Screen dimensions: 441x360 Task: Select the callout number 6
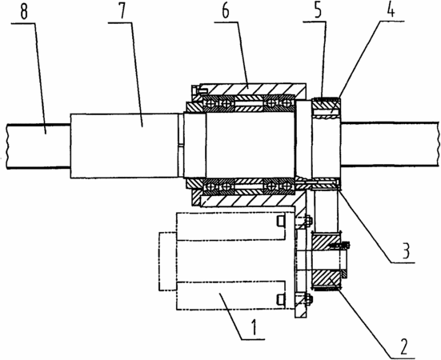[225, 10]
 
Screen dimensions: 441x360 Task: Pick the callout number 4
[391, 10]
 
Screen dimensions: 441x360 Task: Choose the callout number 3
[404, 251]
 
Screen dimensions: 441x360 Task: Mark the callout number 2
[403, 346]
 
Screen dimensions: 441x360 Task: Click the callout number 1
[254, 327]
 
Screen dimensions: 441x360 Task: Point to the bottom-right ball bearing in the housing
[287, 186]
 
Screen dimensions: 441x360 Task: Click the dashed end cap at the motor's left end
[167, 262]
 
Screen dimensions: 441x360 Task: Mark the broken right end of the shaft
[438, 145]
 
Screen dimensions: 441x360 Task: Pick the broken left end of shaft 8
[6, 146]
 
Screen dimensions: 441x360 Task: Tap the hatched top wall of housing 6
[252, 89]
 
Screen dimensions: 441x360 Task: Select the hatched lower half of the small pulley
[326, 278]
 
